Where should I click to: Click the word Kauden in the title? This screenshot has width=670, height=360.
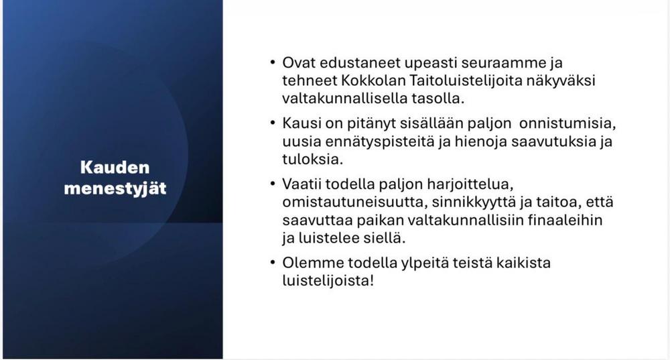tap(115, 167)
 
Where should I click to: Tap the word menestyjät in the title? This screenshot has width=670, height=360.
tap(115, 188)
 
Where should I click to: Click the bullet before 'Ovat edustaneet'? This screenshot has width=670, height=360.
tap(273, 62)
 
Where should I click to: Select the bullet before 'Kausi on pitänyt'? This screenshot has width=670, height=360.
tap(273, 123)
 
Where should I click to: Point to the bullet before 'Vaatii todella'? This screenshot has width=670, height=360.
tap(273, 184)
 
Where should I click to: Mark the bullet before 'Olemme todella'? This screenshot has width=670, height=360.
tap(273, 262)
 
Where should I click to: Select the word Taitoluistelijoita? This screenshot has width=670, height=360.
tap(466, 81)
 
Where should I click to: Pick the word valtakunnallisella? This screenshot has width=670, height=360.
tap(344, 99)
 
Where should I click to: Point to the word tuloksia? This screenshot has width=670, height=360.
tap(312, 160)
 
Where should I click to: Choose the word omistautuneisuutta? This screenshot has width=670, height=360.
tap(355, 202)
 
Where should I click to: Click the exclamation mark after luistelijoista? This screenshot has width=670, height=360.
tap(371, 280)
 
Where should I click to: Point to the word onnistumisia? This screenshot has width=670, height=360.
tap(567, 123)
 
